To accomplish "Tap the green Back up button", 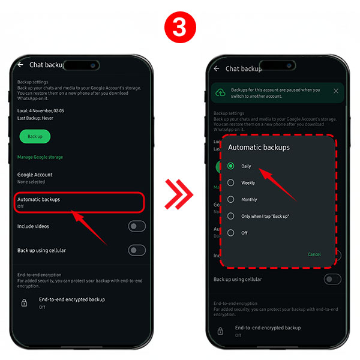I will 35,136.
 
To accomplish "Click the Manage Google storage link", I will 40,157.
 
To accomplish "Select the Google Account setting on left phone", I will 35,178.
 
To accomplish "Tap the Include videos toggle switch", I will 137,226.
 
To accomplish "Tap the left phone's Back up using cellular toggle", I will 137,250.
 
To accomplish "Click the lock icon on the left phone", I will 24,303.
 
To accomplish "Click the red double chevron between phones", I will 179,193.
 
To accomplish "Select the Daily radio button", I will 231,166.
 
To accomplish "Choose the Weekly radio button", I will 231,182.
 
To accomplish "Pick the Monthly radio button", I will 231,199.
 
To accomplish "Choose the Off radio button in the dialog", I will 231,233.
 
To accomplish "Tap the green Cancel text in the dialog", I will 314,254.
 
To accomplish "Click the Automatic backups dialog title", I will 259,147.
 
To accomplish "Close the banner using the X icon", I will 335,91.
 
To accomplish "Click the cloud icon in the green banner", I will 220,92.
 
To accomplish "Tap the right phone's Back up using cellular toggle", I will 332,279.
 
